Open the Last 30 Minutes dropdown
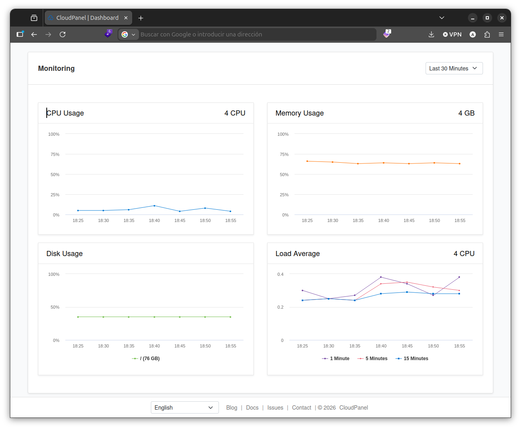[454, 68]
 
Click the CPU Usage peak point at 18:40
[154, 206]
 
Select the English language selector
[184, 407]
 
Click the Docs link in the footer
[252, 408]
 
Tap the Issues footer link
[275, 408]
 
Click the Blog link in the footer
[232, 408]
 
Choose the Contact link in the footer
[301, 408]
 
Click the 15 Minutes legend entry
[412, 359]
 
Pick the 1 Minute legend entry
[336, 359]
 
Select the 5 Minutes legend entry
[372, 359]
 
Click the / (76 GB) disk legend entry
[146, 359]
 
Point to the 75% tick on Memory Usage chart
[284, 154]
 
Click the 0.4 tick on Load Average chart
[280, 274]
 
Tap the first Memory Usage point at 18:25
[307, 161]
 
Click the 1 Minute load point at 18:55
[459, 277]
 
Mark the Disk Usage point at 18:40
[154, 317]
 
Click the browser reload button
[63, 34]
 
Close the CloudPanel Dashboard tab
[126, 18]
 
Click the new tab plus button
[141, 18]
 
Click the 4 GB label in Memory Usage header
[466, 113]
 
